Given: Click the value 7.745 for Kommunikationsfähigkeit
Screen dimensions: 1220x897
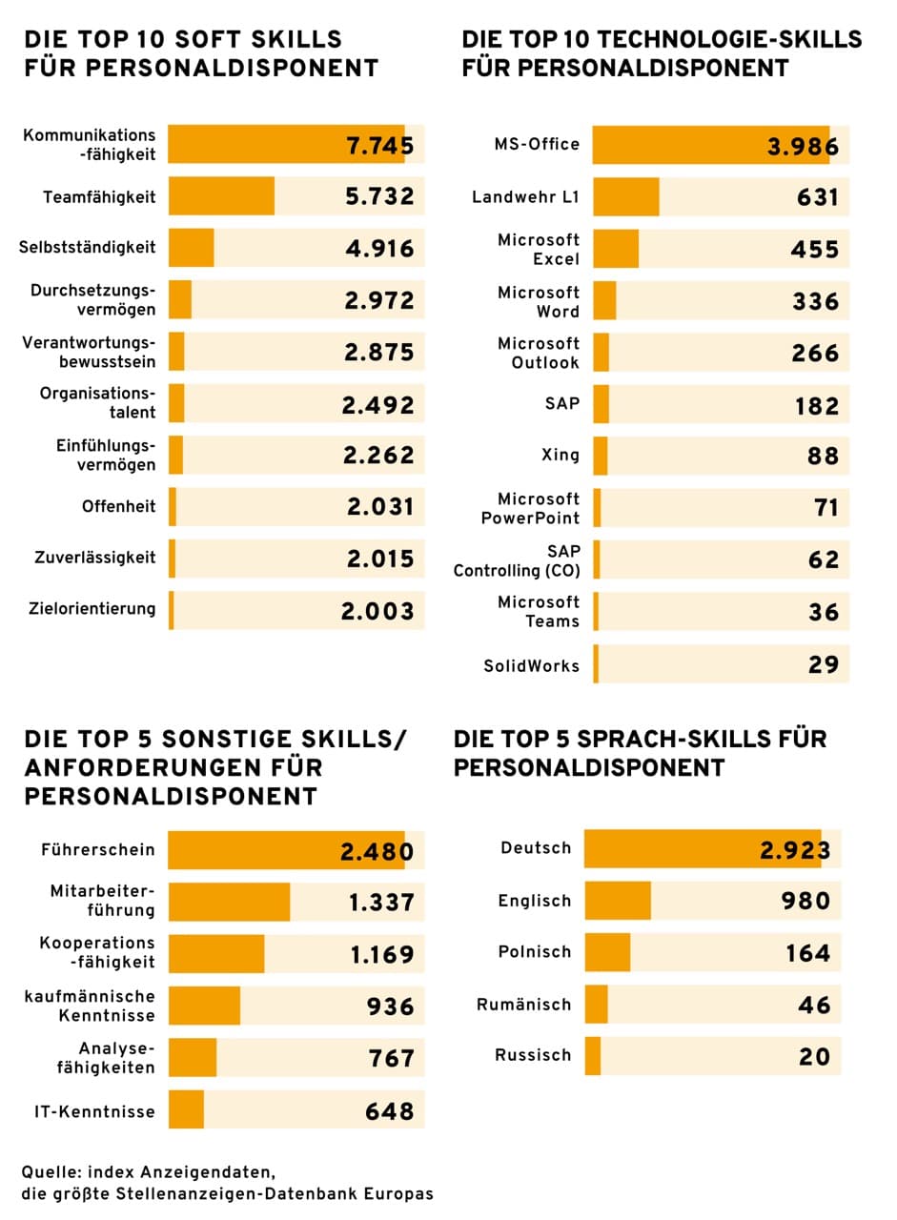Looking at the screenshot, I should [379, 146].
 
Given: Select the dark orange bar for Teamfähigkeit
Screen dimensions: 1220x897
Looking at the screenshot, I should [221, 196].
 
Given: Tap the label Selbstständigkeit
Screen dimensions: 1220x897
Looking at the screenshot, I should [87, 248].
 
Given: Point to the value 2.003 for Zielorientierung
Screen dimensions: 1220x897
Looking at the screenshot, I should [377, 611].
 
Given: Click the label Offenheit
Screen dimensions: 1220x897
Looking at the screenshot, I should [118, 507].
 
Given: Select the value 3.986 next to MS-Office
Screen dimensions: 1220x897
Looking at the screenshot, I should [803, 146].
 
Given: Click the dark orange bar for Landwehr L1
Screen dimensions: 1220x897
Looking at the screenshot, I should [625, 197].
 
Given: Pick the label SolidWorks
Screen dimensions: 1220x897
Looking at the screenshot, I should [531, 665].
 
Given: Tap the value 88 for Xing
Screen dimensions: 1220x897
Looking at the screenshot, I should [823, 456].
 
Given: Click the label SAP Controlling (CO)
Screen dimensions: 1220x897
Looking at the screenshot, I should [516, 560].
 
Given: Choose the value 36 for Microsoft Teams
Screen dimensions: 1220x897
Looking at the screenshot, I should [823, 612].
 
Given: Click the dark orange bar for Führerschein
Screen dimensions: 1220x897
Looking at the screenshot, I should [286, 850].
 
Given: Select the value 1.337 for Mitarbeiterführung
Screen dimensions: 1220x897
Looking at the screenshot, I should [381, 902].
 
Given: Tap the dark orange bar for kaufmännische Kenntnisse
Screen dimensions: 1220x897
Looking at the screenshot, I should [204, 1006].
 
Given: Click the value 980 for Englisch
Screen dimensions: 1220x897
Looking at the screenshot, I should [805, 901].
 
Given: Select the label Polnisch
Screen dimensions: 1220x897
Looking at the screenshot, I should [535, 951].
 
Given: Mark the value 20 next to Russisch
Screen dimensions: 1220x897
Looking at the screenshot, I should [814, 1056].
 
